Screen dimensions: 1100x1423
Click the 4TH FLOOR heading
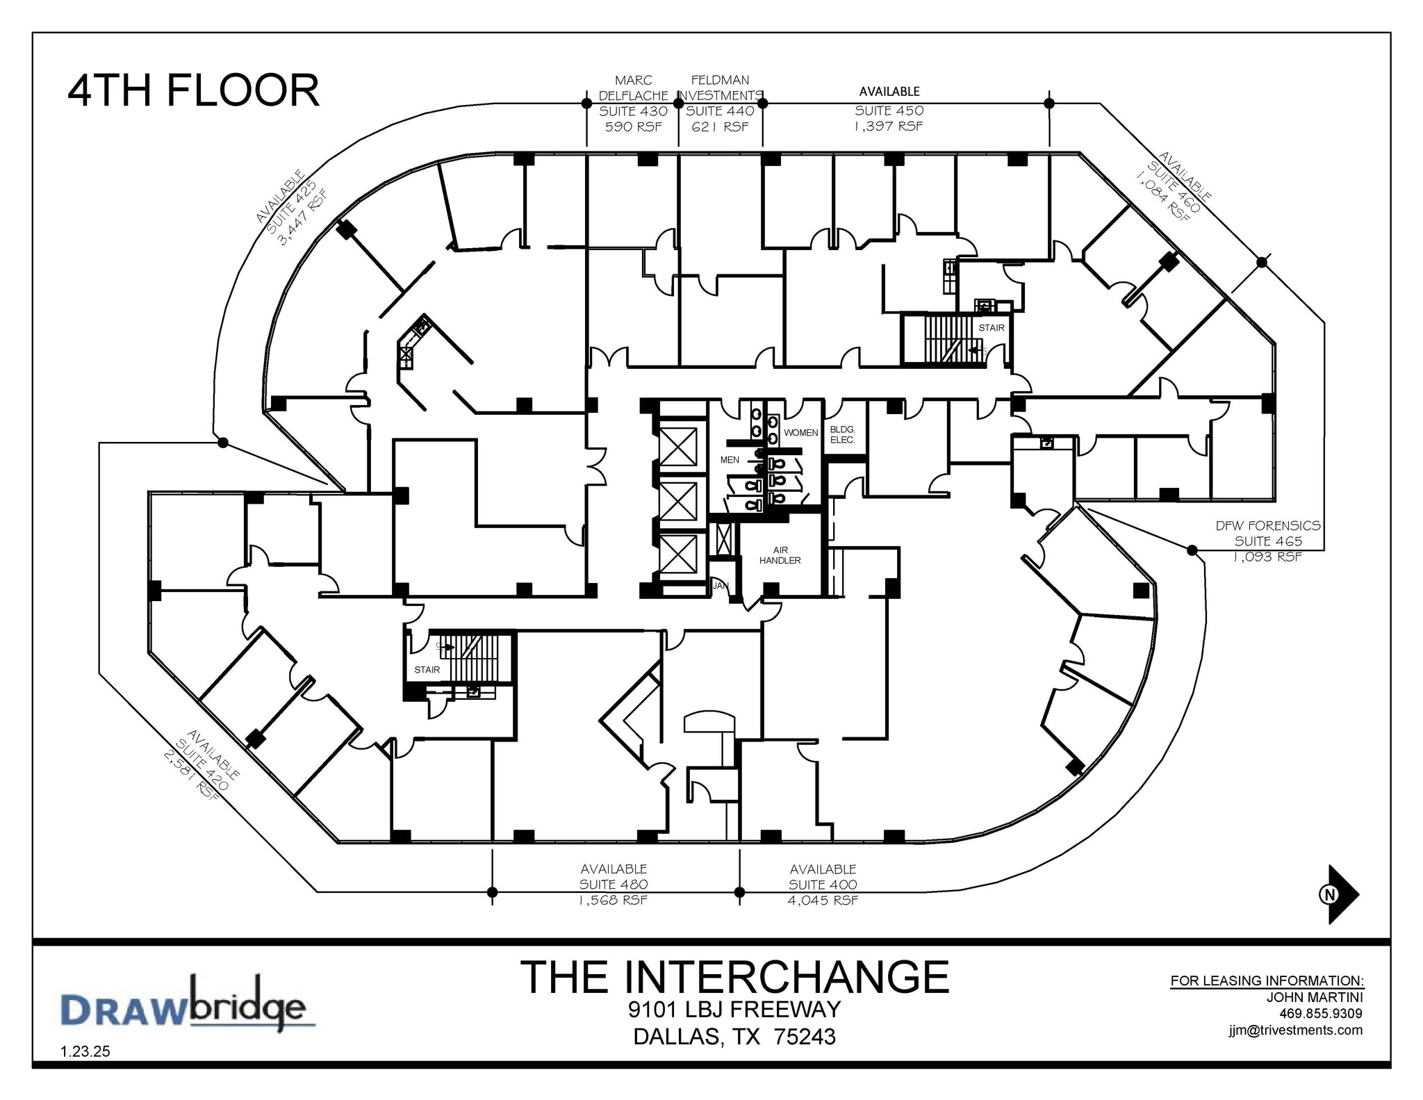pyautogui.click(x=193, y=90)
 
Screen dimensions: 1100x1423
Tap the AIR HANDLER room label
pyautogui.click(x=780, y=555)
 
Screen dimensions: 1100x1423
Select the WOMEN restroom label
pyautogui.click(x=800, y=432)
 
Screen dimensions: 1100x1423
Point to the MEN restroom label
pyautogui.click(x=730, y=460)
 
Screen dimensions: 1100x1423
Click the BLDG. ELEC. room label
pyautogui.click(x=842, y=435)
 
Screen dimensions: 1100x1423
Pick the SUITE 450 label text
pyautogui.click(x=889, y=110)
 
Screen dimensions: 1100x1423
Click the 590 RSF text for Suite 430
pyautogui.click(x=633, y=127)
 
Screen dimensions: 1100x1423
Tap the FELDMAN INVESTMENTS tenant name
pyautogui.click(x=720, y=88)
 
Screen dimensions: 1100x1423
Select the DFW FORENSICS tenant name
pyautogui.click(x=1267, y=526)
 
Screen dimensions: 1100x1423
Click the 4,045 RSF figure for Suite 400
pyautogui.click(x=823, y=900)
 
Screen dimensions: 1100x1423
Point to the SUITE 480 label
pyautogui.click(x=614, y=885)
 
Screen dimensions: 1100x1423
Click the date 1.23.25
pyautogui.click(x=85, y=1051)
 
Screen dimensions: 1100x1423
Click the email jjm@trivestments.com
pyautogui.click(x=1295, y=1030)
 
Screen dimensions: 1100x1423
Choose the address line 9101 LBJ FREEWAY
pyautogui.click(x=734, y=1009)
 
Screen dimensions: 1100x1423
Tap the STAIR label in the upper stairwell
pyautogui.click(x=991, y=328)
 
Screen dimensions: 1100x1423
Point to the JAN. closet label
pyautogui.click(x=721, y=586)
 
